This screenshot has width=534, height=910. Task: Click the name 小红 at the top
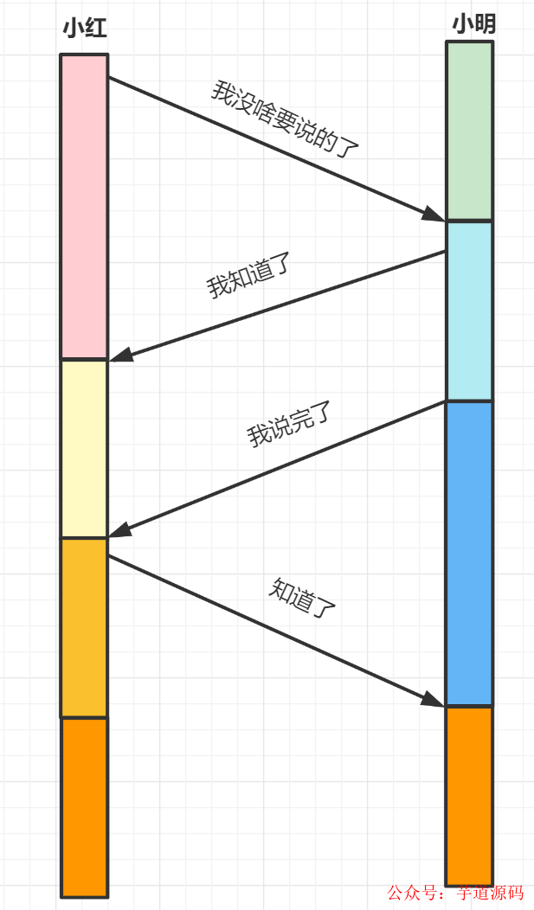84,29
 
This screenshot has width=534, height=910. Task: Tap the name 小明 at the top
473,24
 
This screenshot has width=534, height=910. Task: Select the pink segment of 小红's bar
84,206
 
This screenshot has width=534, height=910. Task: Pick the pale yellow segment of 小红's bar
84,448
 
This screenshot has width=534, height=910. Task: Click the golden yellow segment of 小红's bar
84,627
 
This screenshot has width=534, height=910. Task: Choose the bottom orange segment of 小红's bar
84,806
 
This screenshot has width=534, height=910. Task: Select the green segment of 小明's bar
469,130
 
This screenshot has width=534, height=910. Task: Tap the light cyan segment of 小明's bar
469,311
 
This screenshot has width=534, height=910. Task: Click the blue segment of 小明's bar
469,553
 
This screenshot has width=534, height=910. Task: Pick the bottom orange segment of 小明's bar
469,795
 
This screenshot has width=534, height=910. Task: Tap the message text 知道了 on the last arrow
302,596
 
